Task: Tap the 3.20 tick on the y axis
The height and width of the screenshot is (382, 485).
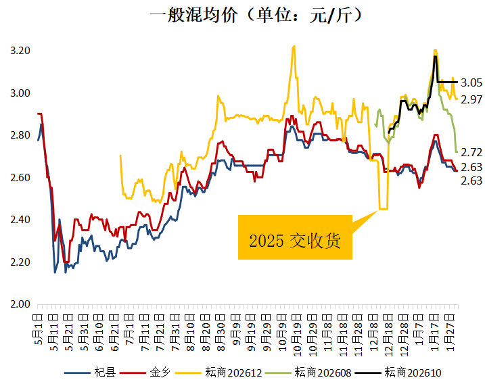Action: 20,51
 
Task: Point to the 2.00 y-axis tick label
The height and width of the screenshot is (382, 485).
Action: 20,304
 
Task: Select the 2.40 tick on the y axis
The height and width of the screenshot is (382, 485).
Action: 20,220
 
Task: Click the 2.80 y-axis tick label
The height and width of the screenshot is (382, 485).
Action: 20,135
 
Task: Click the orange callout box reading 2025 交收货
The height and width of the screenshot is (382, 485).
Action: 295,237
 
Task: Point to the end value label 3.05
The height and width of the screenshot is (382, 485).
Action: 471,82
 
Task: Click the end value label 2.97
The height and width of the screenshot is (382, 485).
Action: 471,99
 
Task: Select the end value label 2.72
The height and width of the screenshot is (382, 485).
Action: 471,152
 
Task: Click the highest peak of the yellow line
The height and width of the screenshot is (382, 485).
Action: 294,46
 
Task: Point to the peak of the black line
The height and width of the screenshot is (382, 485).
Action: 436,56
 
